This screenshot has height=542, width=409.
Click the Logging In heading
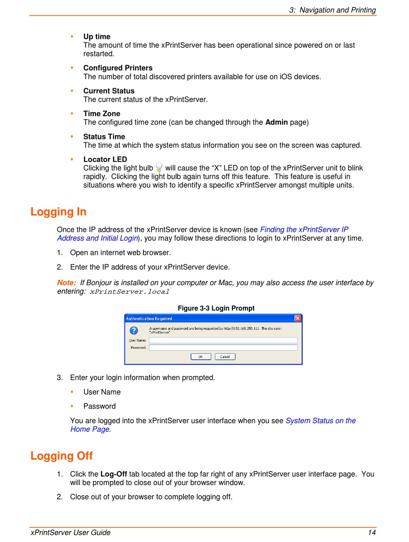(59, 212)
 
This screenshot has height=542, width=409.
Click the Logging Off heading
(62, 456)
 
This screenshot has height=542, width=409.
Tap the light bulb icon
(159, 167)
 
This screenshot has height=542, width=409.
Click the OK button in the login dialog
(201, 357)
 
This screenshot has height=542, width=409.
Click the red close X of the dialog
(297, 318)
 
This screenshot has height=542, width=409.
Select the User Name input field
(223, 340)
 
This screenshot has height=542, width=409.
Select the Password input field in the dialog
(223, 348)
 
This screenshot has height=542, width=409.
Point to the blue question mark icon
(134, 330)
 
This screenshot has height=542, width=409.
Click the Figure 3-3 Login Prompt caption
(216, 308)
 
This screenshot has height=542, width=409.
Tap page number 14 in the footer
(372, 533)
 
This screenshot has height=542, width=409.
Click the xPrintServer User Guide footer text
(71, 533)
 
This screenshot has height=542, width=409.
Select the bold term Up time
(97, 37)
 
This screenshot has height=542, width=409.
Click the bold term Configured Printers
(118, 68)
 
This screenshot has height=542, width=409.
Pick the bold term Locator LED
(105, 160)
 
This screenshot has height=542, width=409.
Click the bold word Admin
(276, 122)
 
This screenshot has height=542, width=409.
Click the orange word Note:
(67, 283)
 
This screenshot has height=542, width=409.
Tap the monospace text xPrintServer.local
(130, 292)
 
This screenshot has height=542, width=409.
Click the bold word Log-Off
(114, 474)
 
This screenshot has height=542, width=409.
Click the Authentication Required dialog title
(149, 319)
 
